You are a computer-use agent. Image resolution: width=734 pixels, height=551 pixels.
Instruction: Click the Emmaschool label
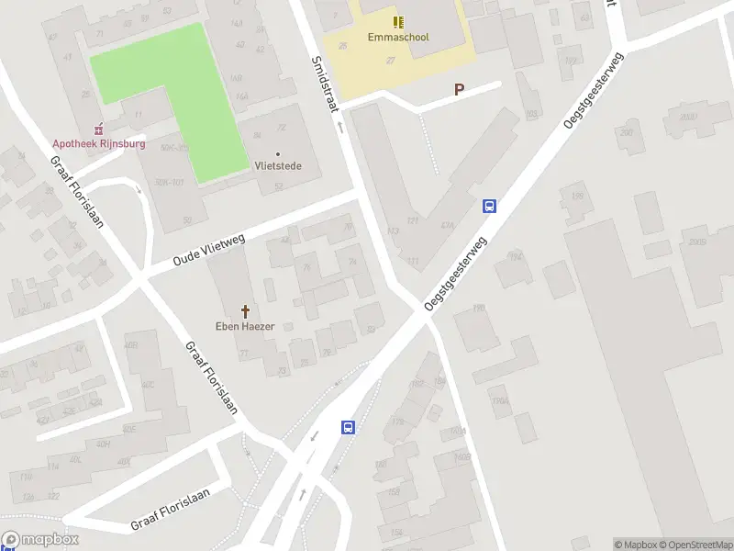(399, 38)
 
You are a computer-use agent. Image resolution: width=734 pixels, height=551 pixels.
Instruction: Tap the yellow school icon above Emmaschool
(398, 21)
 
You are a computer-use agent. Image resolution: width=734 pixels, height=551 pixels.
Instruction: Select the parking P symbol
(459, 89)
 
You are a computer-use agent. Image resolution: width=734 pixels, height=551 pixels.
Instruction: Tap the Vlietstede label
(278, 166)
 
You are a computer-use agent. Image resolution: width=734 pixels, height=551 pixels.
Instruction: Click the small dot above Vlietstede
(278, 153)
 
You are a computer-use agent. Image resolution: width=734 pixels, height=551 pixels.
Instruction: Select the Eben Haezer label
(245, 326)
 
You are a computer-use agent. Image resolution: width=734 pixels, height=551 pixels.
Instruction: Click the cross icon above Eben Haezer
(245, 311)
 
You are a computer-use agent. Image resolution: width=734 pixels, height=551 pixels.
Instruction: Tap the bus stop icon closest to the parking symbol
(490, 207)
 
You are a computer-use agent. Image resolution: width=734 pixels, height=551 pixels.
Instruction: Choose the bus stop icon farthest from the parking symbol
(349, 427)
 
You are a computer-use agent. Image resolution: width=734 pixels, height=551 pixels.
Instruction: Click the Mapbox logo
(40, 541)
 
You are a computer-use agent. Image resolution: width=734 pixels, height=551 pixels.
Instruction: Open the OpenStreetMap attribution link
(695, 545)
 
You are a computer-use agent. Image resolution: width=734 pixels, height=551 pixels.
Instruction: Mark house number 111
(413, 262)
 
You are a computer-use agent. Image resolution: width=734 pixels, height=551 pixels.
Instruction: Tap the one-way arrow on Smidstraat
(339, 128)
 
